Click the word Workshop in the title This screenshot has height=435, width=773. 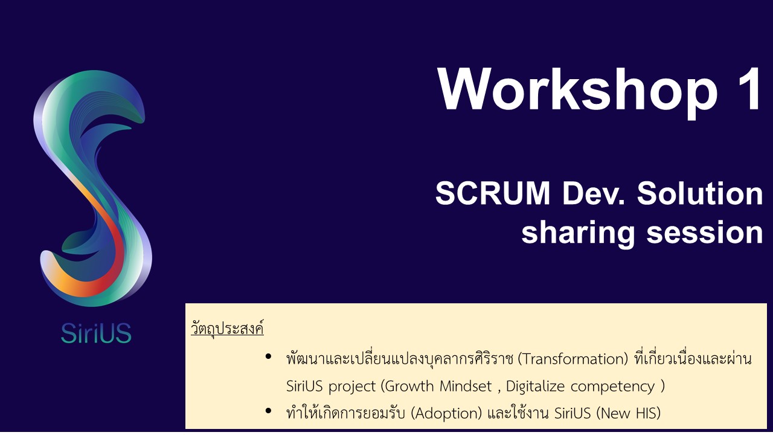577,91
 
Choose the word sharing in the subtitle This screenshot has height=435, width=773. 578,234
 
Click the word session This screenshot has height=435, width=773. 704,233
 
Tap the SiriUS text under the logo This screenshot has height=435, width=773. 96,333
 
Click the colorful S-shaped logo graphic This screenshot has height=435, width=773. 92,188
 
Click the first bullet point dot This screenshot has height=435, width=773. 268,356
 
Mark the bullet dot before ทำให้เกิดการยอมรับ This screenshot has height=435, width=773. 268,411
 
